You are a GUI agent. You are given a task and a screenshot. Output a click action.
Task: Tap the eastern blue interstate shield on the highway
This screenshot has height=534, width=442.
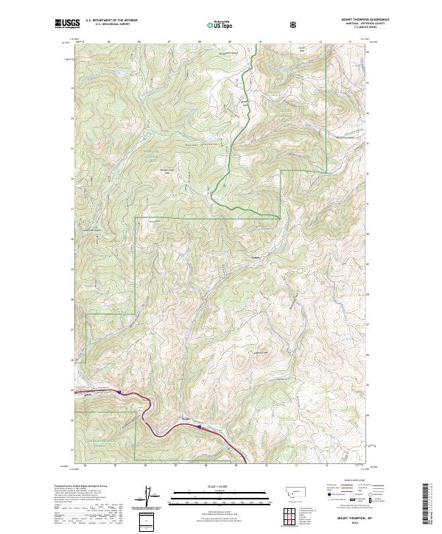point(198,425)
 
